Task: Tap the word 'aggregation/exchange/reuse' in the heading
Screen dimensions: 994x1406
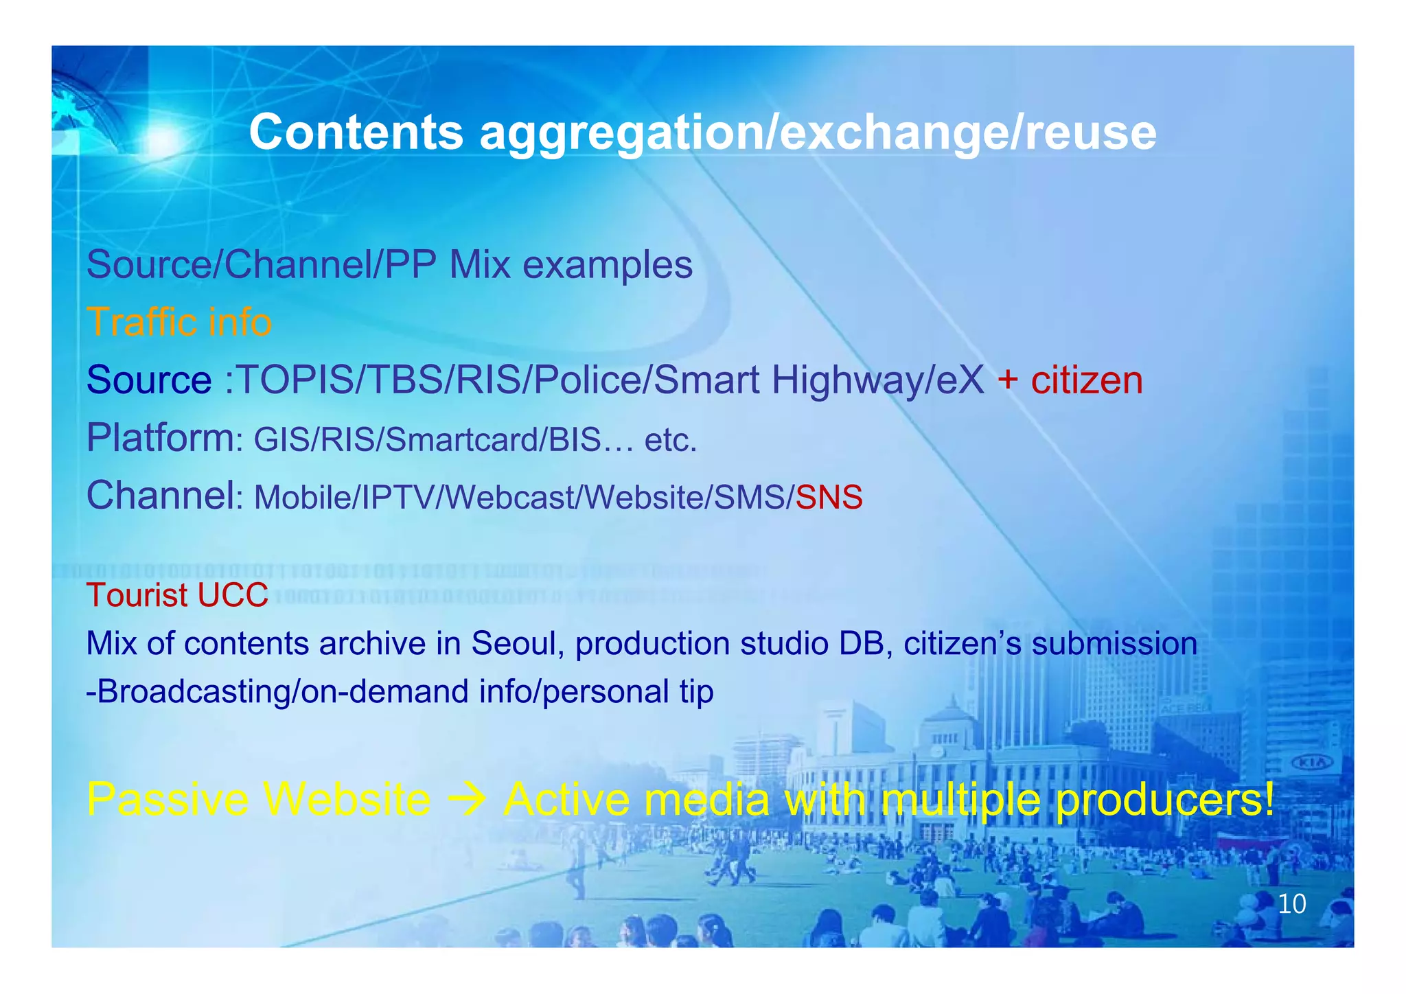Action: [x=818, y=133]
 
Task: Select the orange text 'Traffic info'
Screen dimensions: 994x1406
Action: [x=179, y=322]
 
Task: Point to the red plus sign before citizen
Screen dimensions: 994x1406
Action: [x=1007, y=380]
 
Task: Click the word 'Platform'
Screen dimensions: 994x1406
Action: [x=159, y=437]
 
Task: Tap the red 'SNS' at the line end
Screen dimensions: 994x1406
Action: [x=829, y=497]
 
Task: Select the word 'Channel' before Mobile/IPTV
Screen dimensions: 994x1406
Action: [x=159, y=495]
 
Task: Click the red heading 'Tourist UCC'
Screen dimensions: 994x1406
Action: [x=177, y=595]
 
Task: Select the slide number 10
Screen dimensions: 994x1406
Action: [x=1291, y=904]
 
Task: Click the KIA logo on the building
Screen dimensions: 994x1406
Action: [x=1312, y=763]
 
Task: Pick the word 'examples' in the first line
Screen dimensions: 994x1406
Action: [x=608, y=265]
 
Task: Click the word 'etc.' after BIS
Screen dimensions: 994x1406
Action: [x=671, y=440]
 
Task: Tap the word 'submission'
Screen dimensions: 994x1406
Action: [x=1114, y=644]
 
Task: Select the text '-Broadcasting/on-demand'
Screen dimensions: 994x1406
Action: [x=277, y=691]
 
